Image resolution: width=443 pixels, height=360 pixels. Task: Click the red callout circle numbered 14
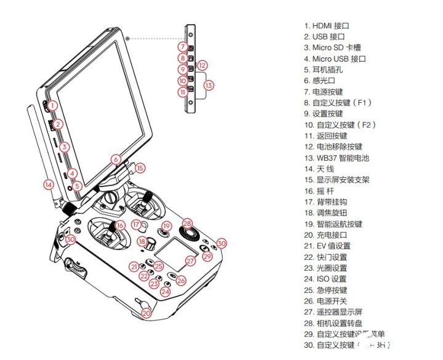pyautogui.click(x=48, y=183)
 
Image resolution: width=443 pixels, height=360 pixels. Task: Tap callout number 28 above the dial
pyautogui.click(x=187, y=223)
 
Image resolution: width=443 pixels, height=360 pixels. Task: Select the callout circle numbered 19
pyautogui.click(x=166, y=226)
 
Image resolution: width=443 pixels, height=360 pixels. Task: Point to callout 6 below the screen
pyautogui.click(x=115, y=159)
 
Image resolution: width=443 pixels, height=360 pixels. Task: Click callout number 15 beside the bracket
pyautogui.click(x=140, y=167)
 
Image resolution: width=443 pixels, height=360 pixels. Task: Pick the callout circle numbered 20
pyautogui.click(x=146, y=313)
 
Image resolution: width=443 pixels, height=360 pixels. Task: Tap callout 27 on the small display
pyautogui.click(x=190, y=261)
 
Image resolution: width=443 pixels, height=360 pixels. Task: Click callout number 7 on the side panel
pyautogui.click(x=183, y=47)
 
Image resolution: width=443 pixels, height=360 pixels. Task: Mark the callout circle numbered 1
pyautogui.click(x=52, y=105)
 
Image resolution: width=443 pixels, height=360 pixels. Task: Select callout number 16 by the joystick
pyautogui.click(x=120, y=225)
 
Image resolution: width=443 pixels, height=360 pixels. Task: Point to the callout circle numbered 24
pyautogui.click(x=165, y=292)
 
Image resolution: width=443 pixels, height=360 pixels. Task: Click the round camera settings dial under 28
pyautogui.click(x=188, y=235)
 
